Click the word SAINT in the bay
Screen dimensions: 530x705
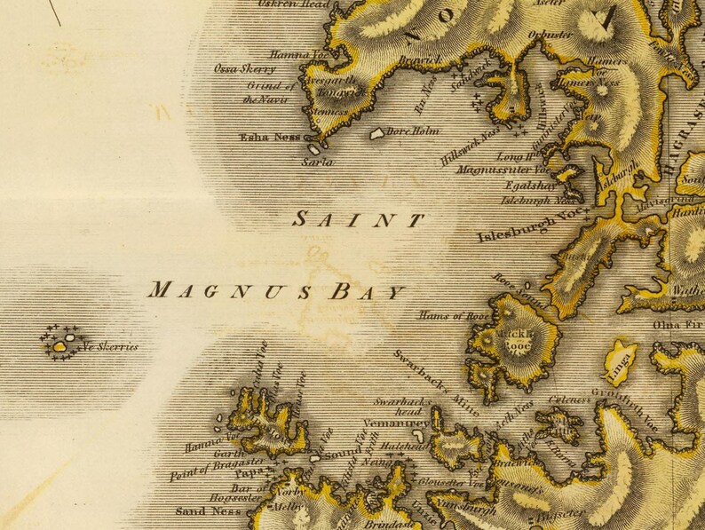[359, 220]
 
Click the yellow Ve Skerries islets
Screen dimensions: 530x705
[60, 345]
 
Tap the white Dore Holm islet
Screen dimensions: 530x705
[377, 133]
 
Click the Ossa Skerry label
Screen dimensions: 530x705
[244, 68]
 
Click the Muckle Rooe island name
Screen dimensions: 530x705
[516, 339]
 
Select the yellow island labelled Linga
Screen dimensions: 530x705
[621, 360]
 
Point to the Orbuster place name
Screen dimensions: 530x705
[550, 35]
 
